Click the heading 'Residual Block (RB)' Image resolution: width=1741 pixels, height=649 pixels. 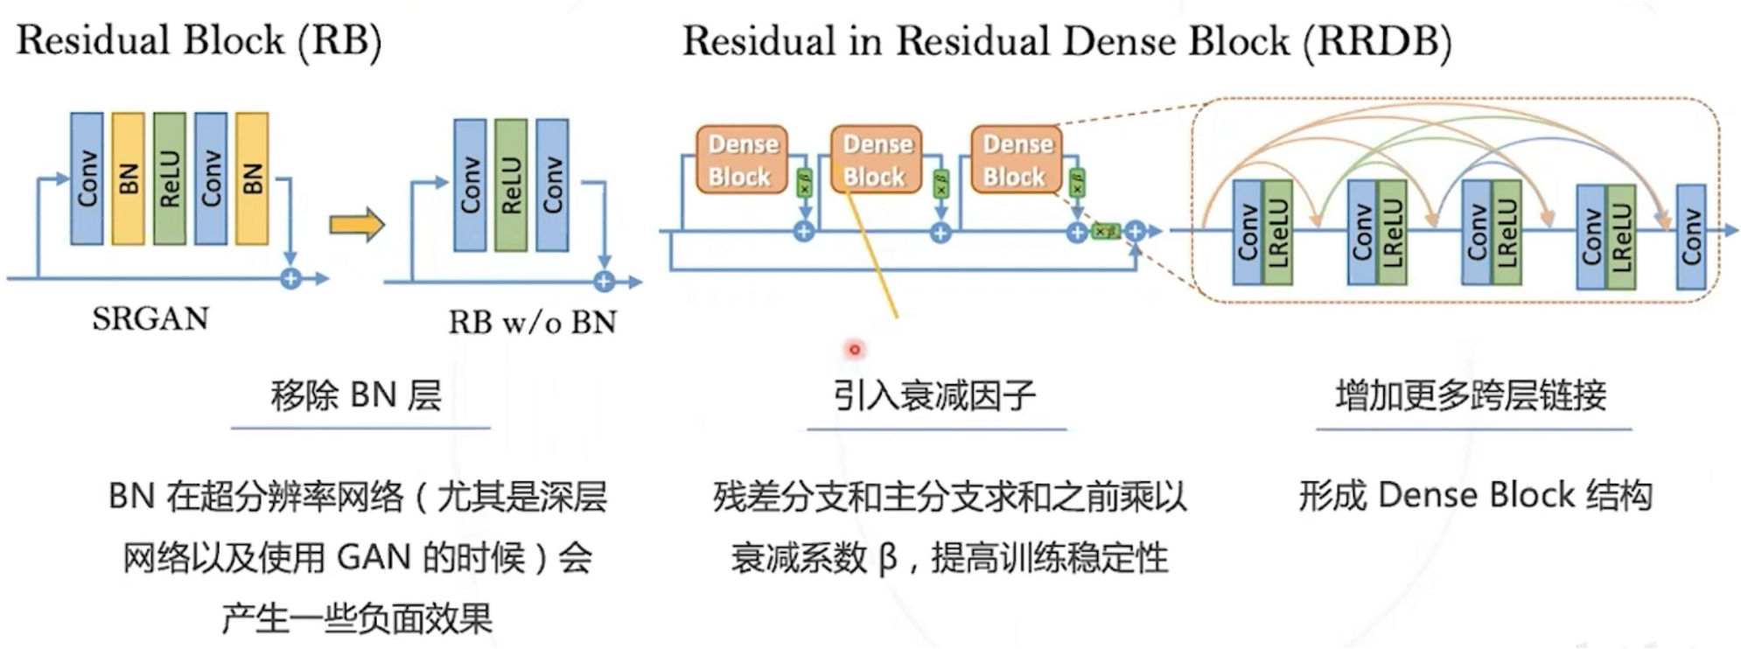tap(199, 41)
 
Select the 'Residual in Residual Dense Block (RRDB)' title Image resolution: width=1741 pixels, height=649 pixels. tap(1066, 41)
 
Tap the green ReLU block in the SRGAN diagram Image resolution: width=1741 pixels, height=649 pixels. tap(169, 178)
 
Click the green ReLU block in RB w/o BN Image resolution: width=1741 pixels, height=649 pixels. tap(511, 185)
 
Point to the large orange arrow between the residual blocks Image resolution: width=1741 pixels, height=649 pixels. tap(356, 225)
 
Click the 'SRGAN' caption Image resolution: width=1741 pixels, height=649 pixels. tap(150, 318)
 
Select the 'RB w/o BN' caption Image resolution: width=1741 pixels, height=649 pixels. tap(532, 322)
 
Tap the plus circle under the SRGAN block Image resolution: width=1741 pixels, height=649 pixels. tap(290, 279)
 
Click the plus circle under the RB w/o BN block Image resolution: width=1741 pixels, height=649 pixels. tap(603, 282)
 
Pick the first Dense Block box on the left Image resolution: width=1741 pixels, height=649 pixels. tap(741, 159)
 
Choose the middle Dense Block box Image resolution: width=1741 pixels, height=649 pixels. tap(876, 159)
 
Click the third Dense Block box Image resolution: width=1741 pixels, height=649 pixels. tap(1016, 159)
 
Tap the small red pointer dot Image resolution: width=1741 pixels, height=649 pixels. tap(855, 350)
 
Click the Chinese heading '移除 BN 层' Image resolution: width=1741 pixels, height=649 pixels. tap(356, 396)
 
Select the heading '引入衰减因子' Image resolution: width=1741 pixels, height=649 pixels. tap(934, 396)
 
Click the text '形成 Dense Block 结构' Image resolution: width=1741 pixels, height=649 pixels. tap(1475, 496)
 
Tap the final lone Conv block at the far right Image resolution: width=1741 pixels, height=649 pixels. tap(1690, 236)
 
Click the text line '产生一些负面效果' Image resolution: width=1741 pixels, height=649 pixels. tap(356, 618)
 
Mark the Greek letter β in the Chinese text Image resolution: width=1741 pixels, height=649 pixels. tap(887, 558)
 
